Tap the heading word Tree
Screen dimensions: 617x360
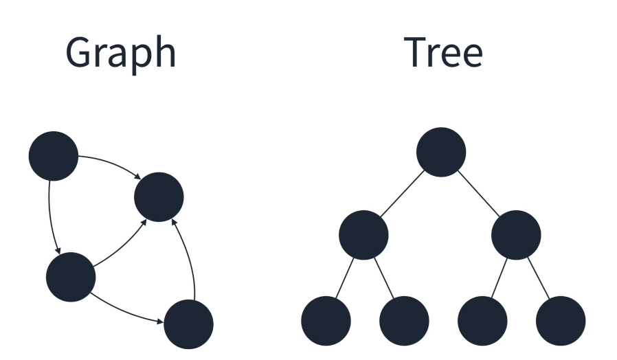[443, 52]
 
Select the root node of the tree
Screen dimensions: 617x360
[441, 152]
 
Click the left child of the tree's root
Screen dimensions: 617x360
[363, 235]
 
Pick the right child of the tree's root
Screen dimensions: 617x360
[516, 235]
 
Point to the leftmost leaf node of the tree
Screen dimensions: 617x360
[326, 321]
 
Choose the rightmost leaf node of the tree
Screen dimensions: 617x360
[561, 321]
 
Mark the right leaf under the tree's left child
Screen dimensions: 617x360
[404, 321]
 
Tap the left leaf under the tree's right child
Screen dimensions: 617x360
[482, 321]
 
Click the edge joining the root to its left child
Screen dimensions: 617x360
[402, 194]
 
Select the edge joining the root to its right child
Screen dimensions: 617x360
[479, 194]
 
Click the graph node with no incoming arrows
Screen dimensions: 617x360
[54, 156]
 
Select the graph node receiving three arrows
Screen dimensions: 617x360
[159, 197]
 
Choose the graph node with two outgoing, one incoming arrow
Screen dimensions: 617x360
[70, 277]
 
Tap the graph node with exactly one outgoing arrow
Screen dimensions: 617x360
[189, 324]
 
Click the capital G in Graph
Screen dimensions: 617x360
[81, 52]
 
